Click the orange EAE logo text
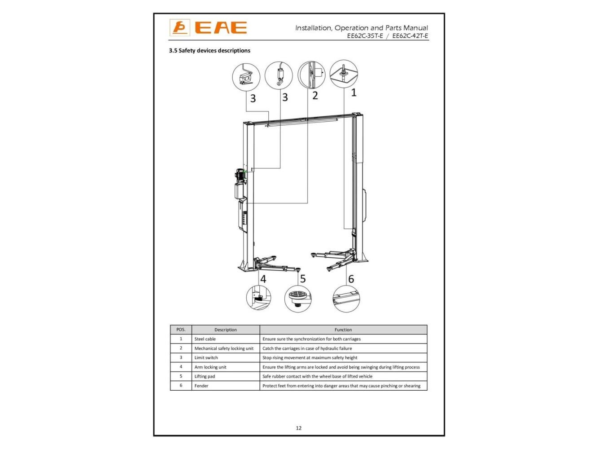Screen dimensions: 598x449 (x=221, y=27)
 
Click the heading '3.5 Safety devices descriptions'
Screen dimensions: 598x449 (x=210, y=50)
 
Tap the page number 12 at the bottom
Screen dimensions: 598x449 (x=299, y=428)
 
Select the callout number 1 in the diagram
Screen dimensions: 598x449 (x=354, y=92)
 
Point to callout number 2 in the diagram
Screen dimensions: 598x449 (x=315, y=96)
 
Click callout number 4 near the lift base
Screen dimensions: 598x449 (x=263, y=279)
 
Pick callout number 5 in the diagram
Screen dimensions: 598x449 (x=303, y=279)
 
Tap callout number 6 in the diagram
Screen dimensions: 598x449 (x=351, y=279)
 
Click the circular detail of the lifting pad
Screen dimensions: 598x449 (x=298, y=299)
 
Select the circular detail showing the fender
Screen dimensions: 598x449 (x=346, y=299)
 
